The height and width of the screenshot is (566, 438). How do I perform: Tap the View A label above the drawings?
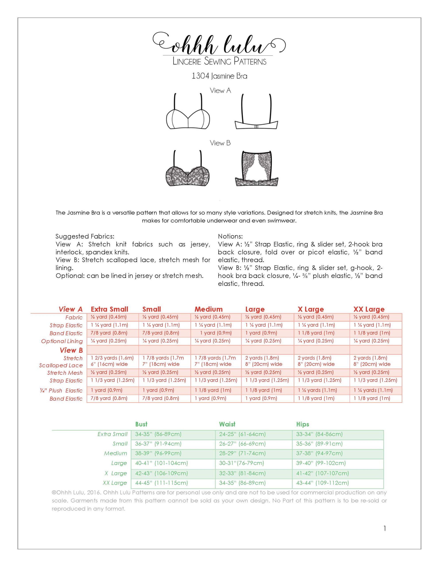220,90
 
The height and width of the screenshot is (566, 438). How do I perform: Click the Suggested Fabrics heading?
85,236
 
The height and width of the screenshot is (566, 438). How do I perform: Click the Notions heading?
230,236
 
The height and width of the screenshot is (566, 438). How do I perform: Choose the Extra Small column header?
110,309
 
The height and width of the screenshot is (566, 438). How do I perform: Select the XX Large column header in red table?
369,309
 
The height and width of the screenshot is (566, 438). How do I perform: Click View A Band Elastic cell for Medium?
216,333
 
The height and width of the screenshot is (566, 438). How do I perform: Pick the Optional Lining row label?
62,341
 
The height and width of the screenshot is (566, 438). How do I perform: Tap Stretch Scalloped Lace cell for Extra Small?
112,361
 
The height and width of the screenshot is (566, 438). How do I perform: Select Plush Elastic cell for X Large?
317,390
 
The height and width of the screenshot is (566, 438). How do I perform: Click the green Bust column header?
141,424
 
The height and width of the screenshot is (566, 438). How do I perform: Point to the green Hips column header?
303,424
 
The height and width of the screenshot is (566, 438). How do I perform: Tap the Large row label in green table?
119,463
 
